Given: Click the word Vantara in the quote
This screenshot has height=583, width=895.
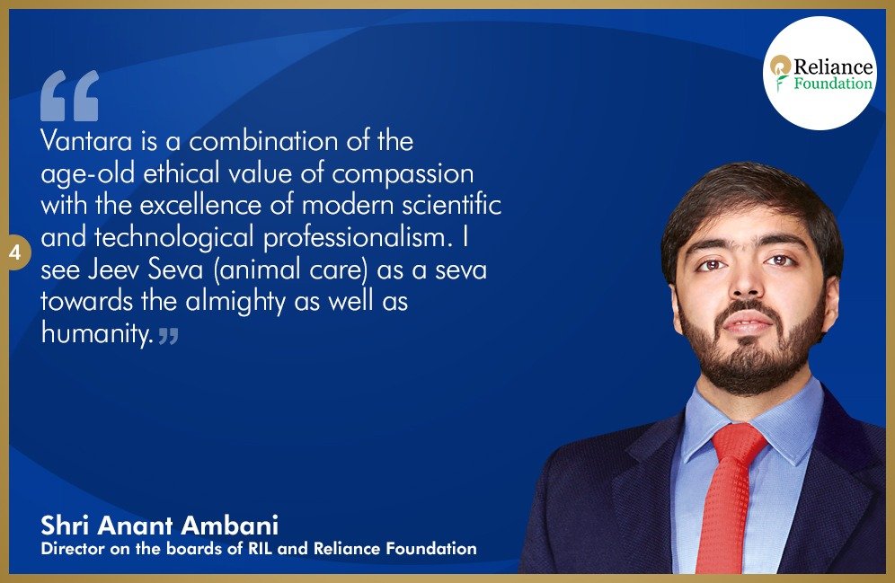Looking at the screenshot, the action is point(86,141).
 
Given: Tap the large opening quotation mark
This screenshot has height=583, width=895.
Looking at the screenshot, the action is point(69,96).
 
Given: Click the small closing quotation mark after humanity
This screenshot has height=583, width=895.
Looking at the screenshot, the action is point(168,336).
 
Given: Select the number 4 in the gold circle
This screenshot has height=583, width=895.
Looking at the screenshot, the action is point(15,252).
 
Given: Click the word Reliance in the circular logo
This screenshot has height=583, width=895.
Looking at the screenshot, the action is point(833,66).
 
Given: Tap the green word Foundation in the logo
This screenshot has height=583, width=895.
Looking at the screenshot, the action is point(833,84).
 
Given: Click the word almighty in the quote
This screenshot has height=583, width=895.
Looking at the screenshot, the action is point(235,302).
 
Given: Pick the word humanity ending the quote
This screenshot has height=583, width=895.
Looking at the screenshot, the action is point(97,333).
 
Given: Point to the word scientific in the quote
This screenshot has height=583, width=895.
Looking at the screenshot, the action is point(451,206).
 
